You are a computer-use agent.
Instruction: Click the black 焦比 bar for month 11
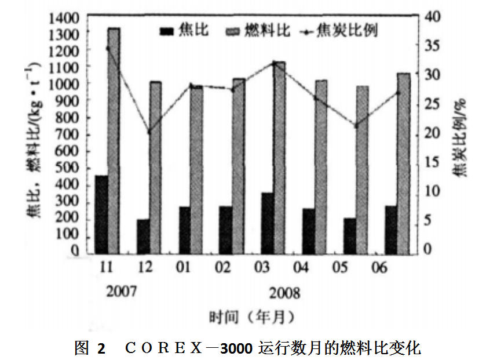tap(102, 214)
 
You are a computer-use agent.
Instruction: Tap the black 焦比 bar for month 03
tap(267, 223)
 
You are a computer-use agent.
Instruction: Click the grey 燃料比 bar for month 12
tap(155, 168)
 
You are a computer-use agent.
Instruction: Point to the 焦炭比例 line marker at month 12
tap(149, 132)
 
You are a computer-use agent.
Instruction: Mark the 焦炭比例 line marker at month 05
tap(356, 125)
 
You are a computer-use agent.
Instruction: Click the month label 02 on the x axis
tap(223, 268)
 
